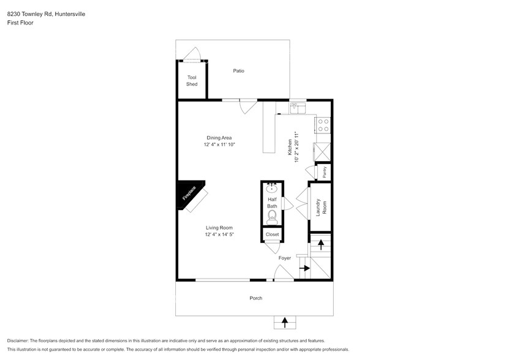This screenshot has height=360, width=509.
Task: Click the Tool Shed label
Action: [x=192, y=81]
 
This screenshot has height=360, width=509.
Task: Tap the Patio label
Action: [x=238, y=71]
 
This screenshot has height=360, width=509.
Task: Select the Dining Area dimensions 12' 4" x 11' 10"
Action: [x=219, y=144]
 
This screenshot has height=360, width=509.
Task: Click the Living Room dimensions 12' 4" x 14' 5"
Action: [x=219, y=234]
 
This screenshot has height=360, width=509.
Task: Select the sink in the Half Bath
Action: [x=273, y=188]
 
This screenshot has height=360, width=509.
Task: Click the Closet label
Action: [x=272, y=234]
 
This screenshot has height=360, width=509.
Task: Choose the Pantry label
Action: [x=324, y=172]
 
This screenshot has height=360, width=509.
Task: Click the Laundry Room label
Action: [x=319, y=206]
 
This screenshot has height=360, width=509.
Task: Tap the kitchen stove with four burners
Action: [x=323, y=125]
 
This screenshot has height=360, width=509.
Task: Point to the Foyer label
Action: [x=285, y=258]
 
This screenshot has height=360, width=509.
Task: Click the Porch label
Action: [x=255, y=298]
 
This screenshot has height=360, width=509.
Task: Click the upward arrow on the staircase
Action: [x=321, y=244]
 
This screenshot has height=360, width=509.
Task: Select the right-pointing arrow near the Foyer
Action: [x=303, y=268]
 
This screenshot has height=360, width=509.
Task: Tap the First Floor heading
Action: [x=20, y=23]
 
